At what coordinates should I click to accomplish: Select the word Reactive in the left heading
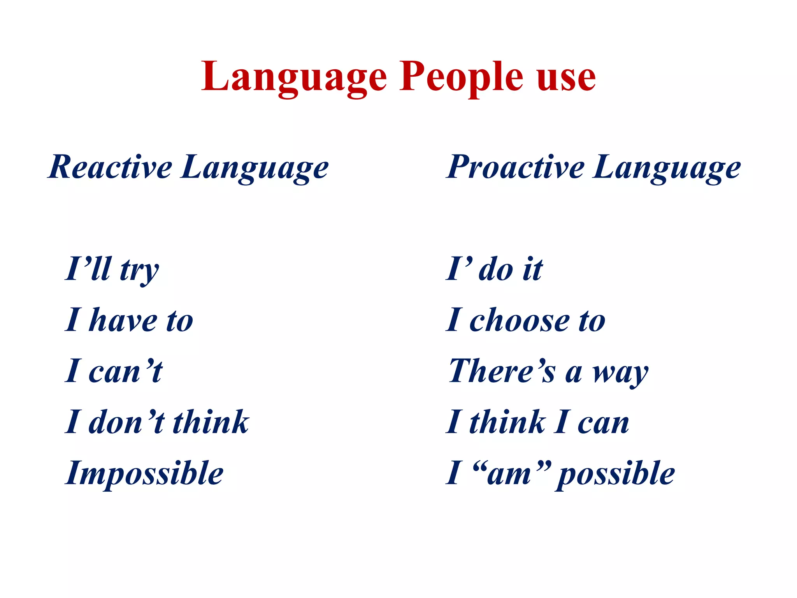pos(111,167)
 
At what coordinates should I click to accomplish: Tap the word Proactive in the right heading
pos(515,167)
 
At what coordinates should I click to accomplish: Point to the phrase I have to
pos(129,320)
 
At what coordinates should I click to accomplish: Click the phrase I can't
pos(114,371)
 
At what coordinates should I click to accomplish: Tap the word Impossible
pos(144,473)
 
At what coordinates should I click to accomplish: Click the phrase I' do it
pos(494,269)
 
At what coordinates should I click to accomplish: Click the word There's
pos(502,371)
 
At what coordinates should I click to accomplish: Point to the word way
pos(620,373)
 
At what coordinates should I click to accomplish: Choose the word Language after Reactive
pos(255,168)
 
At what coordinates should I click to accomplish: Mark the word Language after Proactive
pos(667,168)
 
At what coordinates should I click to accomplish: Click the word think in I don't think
pos(211,422)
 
